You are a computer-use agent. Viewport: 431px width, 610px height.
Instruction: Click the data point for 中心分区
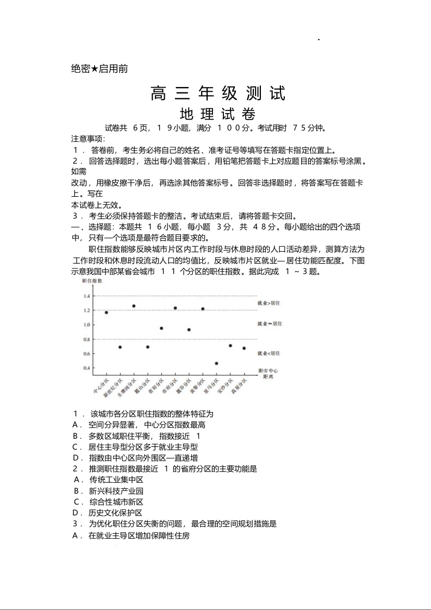pos(106,313)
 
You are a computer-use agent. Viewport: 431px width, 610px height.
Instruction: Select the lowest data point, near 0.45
pos(216,363)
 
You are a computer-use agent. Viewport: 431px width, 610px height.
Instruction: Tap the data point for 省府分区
pos(161,328)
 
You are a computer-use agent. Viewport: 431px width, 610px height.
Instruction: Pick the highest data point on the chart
pos(134,306)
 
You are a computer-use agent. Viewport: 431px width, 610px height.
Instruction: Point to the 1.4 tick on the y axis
pos(86,296)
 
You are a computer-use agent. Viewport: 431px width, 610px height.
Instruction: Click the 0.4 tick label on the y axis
pos(86,368)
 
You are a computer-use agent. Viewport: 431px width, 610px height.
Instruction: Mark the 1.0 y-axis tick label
pos(86,325)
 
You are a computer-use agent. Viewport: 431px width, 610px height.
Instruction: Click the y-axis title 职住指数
pos(92,281)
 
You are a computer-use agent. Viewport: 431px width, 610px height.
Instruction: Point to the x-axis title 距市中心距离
pos(268,373)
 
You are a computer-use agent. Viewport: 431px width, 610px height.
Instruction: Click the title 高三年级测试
pos(218,94)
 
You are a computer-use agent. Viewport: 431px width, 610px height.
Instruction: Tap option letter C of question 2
pos(77,502)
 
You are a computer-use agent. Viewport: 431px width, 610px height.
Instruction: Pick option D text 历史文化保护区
pos(116,513)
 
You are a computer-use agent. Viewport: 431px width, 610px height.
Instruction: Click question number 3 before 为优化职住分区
pos(76,524)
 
